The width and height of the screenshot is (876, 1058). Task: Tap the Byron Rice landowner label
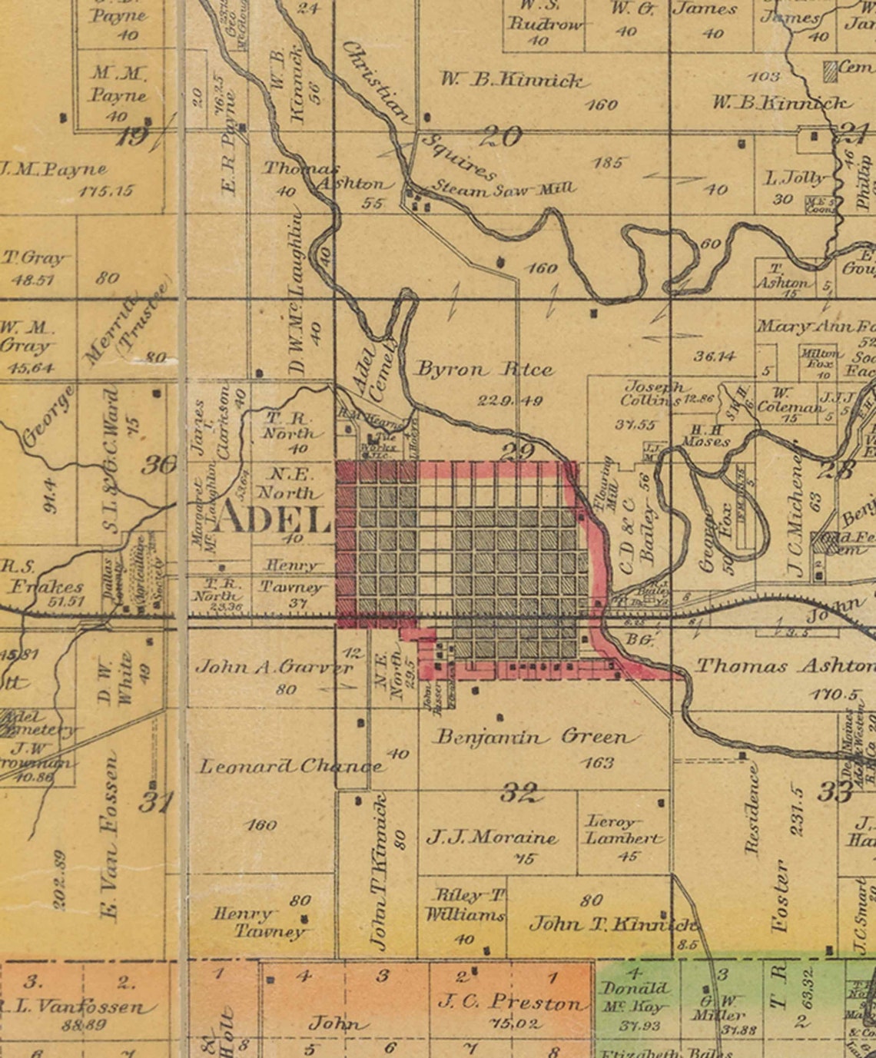(x=484, y=370)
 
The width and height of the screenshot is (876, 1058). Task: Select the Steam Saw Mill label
(x=503, y=187)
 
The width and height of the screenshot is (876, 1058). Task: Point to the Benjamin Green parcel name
(x=536, y=738)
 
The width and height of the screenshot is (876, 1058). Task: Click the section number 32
(x=519, y=792)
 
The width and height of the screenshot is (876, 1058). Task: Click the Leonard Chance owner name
(x=290, y=766)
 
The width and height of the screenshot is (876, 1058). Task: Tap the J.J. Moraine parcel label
(x=492, y=837)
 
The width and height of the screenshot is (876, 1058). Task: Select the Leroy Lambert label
(x=623, y=830)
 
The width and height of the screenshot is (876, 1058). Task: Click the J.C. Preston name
(x=510, y=1002)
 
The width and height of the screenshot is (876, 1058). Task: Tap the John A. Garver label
(x=274, y=667)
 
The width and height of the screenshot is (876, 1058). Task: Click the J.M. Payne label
(x=54, y=170)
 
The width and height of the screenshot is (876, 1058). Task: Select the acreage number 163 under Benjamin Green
(x=598, y=762)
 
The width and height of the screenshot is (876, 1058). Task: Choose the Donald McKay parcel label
(x=635, y=997)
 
